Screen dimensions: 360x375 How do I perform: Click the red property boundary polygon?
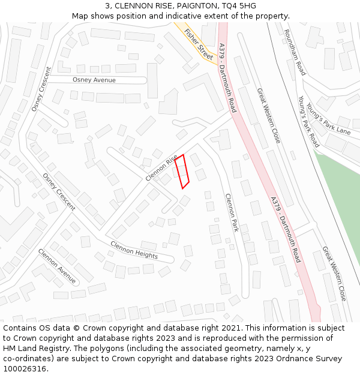[182, 172]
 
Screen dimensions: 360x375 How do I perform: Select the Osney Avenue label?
[94, 80]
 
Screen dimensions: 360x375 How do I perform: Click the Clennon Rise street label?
[161, 167]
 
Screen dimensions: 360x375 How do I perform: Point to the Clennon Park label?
[232, 212]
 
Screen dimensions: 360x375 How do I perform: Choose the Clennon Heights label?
[134, 250]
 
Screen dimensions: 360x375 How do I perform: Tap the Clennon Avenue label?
[57, 266]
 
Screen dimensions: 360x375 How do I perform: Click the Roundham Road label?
[295, 52]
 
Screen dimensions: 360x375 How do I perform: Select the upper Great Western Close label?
[268, 115]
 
